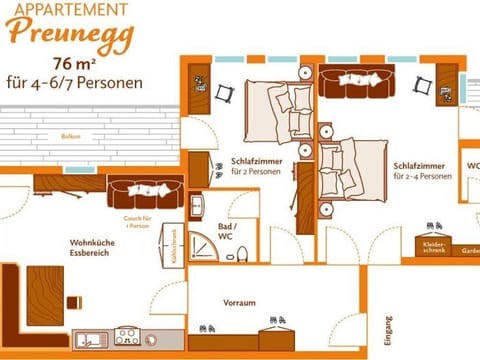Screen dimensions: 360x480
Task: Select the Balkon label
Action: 70,136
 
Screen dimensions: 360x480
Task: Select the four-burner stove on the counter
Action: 127,336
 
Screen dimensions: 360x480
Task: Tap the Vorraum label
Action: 239,302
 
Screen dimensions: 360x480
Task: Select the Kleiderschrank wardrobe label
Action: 434,245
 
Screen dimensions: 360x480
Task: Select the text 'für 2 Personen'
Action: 250,171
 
